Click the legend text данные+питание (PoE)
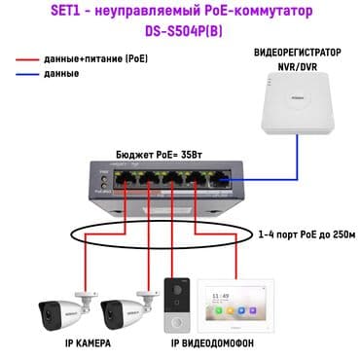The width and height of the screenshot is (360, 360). [x=93, y=59]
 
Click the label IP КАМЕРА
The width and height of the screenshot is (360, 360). [x=89, y=344]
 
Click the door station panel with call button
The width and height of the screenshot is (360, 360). [x=175, y=303]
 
